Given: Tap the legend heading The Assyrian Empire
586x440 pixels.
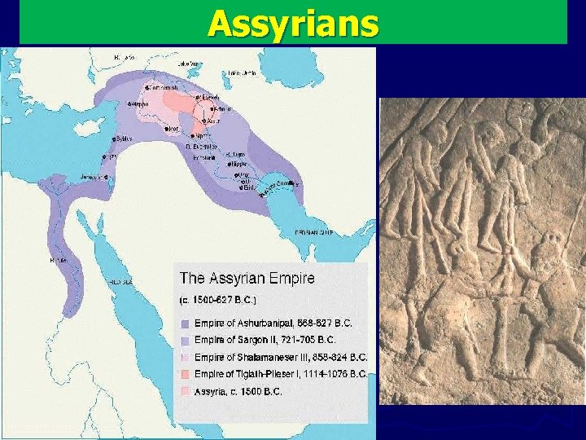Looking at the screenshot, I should pos(247,278).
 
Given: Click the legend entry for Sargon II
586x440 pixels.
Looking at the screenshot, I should pos(265,339).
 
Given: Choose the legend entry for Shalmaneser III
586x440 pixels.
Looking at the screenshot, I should pos(281,357).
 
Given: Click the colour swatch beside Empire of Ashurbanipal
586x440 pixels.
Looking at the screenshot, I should pos(186,323).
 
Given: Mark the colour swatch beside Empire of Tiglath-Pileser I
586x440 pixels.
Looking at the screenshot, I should pos(186,375).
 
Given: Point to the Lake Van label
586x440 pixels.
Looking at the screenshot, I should pos(189,61).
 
